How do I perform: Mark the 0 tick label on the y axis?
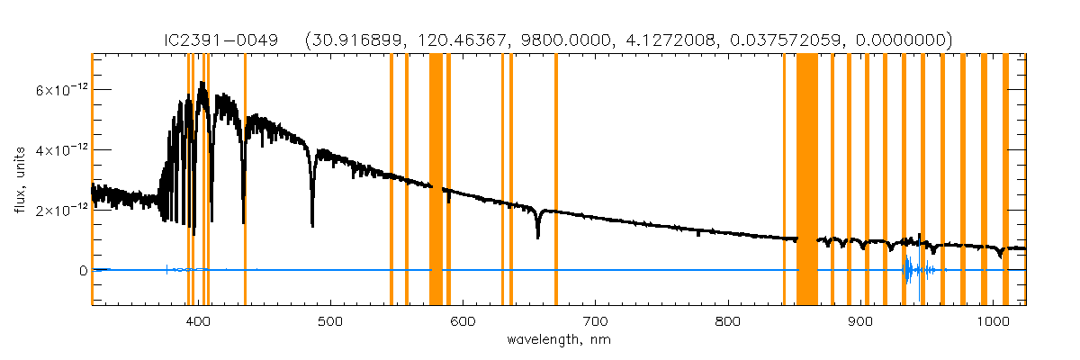click(x=82, y=271)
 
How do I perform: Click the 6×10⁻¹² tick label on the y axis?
click(x=59, y=90)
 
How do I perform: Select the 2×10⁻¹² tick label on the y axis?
click(x=59, y=211)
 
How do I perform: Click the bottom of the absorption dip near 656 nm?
click(x=537, y=237)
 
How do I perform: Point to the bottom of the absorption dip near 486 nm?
click(x=312, y=226)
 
